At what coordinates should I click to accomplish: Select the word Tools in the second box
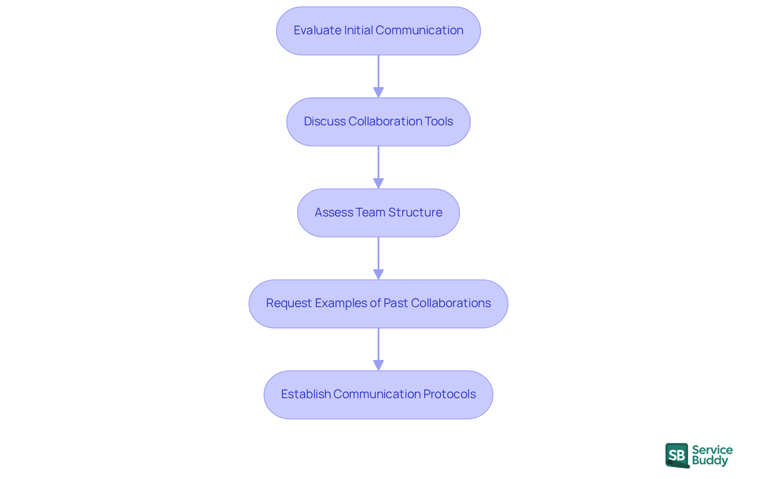click(x=438, y=121)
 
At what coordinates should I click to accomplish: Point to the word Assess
click(x=334, y=212)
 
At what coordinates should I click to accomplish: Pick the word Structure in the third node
click(x=415, y=212)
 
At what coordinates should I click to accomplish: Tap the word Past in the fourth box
click(x=395, y=303)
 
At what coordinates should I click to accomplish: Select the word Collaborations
click(x=451, y=303)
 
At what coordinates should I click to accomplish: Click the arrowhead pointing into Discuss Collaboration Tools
click(x=378, y=93)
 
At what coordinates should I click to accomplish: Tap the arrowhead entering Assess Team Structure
click(x=378, y=184)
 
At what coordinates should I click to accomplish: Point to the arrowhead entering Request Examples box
click(x=378, y=275)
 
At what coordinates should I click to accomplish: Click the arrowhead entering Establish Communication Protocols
click(x=378, y=365)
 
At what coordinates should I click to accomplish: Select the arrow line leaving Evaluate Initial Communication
click(x=378, y=71)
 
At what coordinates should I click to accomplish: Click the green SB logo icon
click(x=677, y=455)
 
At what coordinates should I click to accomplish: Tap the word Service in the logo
click(x=712, y=450)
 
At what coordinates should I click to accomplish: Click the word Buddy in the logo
click(x=710, y=460)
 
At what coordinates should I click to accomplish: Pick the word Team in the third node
click(x=371, y=212)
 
